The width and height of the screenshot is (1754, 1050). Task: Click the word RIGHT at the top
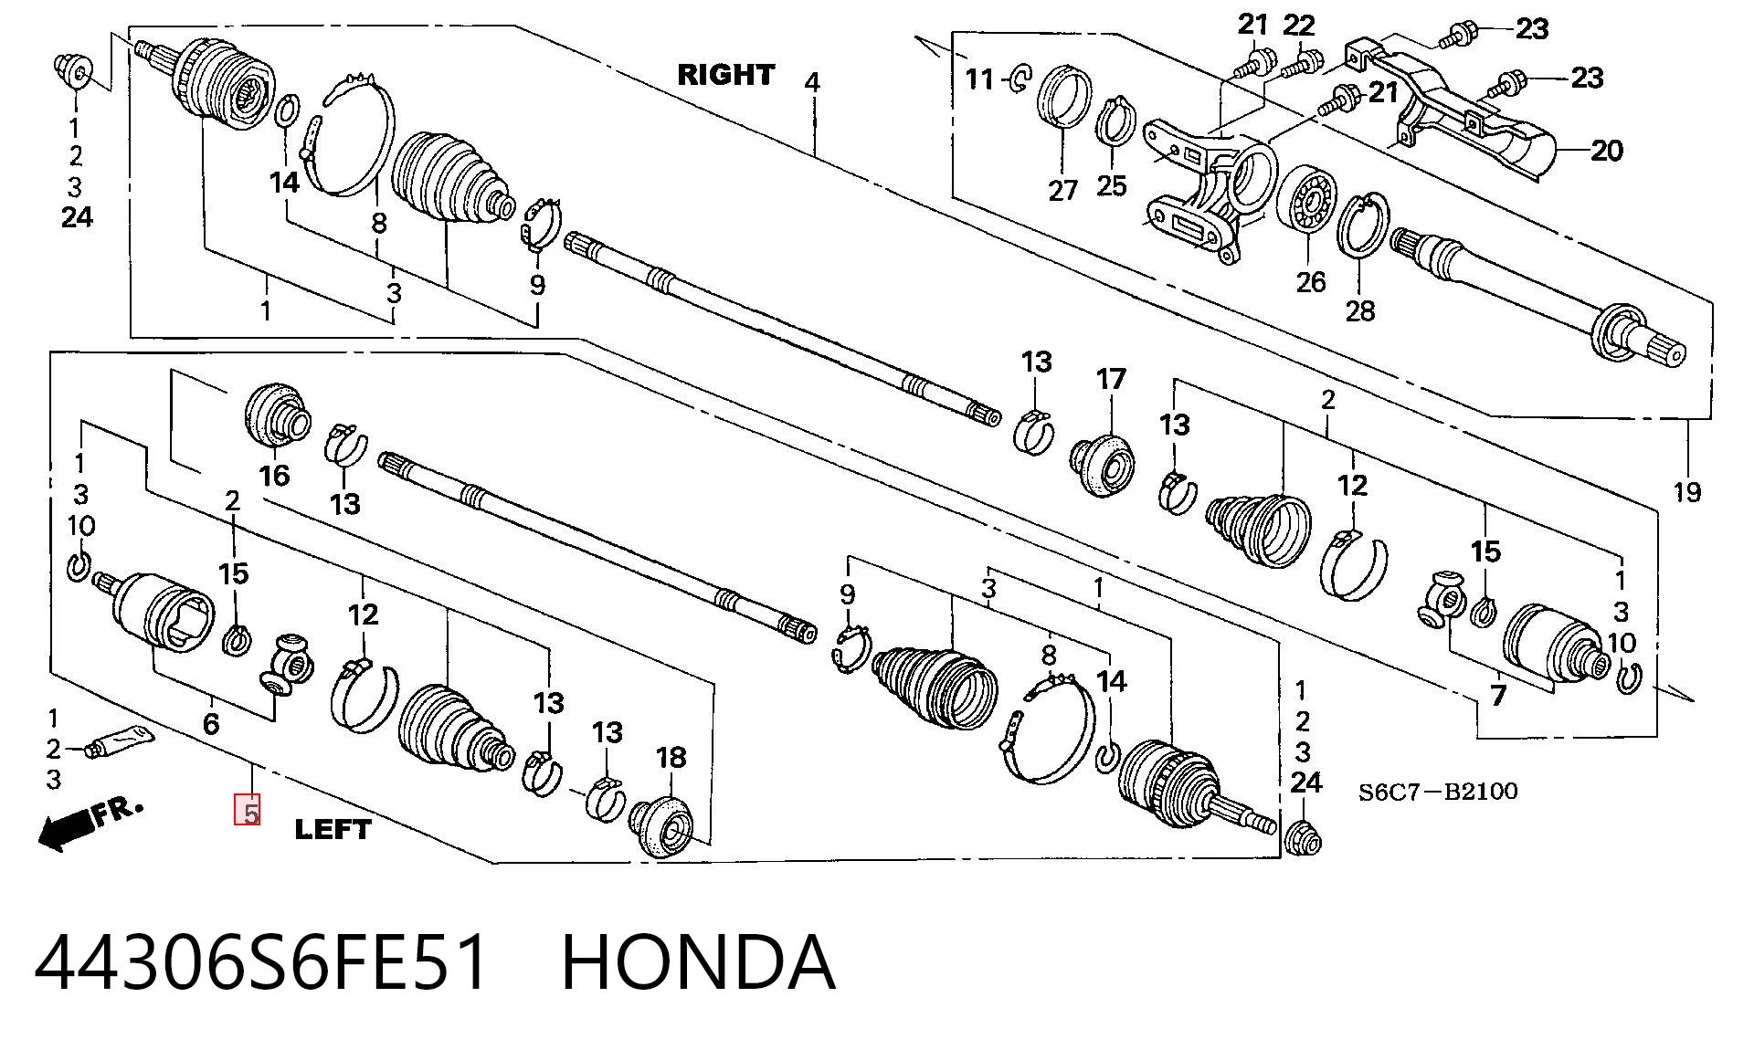click(725, 75)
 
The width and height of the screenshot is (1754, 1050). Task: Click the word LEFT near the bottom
click(333, 829)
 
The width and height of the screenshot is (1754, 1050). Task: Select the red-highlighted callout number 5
click(248, 811)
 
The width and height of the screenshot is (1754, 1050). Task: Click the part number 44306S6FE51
click(261, 962)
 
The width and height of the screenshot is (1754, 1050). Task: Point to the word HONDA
click(698, 962)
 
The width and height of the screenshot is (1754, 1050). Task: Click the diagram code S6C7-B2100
click(1437, 791)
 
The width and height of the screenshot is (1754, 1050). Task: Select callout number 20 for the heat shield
click(1607, 150)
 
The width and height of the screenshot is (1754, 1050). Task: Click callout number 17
click(1111, 379)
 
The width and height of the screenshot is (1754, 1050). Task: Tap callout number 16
click(274, 475)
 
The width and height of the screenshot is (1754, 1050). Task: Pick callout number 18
click(671, 757)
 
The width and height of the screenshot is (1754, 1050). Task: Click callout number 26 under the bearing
click(1311, 281)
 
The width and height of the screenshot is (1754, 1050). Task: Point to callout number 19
click(1687, 492)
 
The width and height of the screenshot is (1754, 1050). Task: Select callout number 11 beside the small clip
click(979, 79)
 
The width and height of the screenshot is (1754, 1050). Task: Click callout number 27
click(1062, 190)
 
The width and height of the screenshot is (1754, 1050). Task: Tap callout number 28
click(1360, 311)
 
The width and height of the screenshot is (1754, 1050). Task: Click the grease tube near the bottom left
click(118, 742)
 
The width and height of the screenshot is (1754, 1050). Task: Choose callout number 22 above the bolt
click(1298, 26)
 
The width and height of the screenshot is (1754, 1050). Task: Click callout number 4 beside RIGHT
click(812, 82)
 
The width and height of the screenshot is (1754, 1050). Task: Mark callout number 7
click(1498, 696)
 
